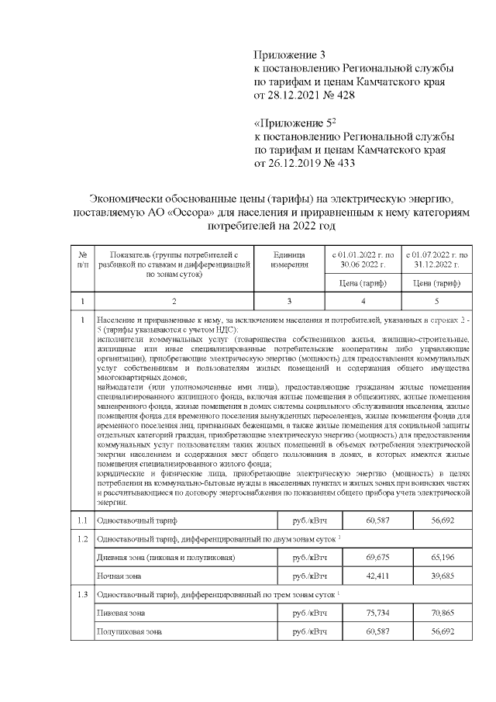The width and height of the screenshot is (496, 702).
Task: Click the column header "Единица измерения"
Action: coord(289,260)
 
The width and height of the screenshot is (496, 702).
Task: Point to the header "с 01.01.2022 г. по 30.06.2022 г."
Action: coord(363,260)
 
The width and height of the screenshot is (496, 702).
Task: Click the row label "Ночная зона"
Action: coord(119,576)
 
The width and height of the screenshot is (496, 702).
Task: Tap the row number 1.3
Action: coord(82,594)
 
